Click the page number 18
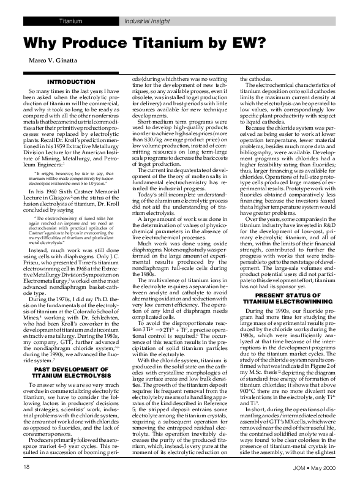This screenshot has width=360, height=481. pyautogui.click(x=27, y=467)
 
